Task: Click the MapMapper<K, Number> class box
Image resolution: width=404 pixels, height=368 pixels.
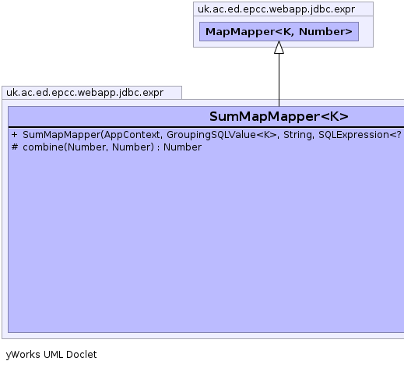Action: [279, 31]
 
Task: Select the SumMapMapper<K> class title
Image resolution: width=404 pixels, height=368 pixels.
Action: [279, 116]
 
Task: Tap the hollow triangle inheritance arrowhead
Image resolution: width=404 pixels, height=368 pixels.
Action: [279, 48]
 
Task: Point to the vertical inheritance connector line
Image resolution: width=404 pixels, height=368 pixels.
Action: [279, 80]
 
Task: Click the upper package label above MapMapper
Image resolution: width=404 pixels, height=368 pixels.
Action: [276, 9]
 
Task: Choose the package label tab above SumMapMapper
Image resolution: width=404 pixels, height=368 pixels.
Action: [85, 93]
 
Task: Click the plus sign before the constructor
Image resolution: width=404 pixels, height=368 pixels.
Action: [14, 135]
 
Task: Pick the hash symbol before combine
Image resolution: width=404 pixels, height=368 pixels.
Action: [15, 147]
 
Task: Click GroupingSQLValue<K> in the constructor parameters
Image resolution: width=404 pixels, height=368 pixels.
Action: [222, 135]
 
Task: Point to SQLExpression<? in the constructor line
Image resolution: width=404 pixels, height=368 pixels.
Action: [360, 135]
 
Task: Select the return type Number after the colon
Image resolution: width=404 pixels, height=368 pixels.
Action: [182, 147]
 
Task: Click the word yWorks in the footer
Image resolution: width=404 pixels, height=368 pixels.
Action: [23, 355]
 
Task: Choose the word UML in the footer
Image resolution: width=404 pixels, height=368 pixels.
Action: [53, 355]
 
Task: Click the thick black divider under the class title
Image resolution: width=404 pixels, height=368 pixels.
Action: [206, 127]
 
